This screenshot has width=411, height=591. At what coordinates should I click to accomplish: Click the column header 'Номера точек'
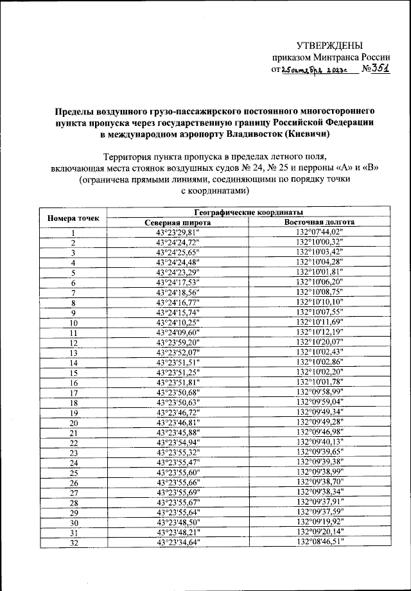(x=73, y=217)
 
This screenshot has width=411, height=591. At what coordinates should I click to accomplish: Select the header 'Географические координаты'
(x=248, y=212)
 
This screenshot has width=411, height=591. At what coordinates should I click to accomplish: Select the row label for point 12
(x=73, y=343)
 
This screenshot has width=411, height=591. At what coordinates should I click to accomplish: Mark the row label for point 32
(x=73, y=543)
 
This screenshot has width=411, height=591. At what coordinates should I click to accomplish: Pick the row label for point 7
(x=73, y=293)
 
